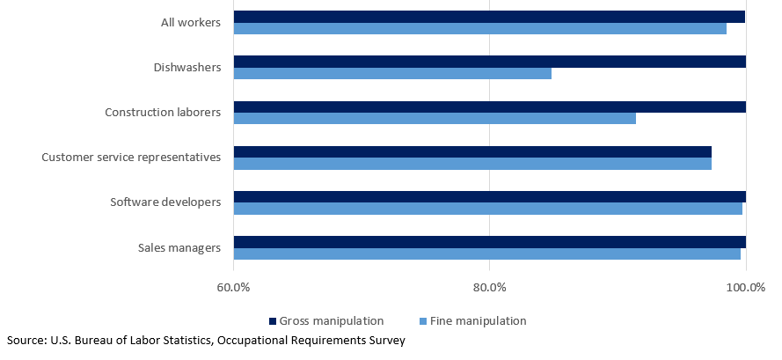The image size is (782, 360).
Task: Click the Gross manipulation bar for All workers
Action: pos(489,17)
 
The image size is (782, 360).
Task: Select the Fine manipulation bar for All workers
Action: pos(479,28)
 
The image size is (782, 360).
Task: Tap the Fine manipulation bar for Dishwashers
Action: pos(392,73)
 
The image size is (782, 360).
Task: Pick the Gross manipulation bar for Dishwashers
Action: pos(489,62)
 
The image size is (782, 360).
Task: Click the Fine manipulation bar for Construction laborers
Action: pos(435,118)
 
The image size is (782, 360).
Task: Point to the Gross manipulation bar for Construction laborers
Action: pos(489,107)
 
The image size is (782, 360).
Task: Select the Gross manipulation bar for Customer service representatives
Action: pos(472,151)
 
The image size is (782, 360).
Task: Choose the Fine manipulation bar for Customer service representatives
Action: pos(472,163)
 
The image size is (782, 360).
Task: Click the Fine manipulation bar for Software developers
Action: pos(487,209)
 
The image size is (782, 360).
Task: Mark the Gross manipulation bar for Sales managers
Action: pos(489,242)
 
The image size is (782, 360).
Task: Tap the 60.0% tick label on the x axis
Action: pos(233,288)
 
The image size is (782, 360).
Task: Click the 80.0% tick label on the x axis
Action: pos(489,288)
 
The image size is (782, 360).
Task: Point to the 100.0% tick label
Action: pos(745,288)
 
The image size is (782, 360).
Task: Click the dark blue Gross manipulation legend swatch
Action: pos(273,321)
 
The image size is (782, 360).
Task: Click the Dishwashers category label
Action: pos(187,67)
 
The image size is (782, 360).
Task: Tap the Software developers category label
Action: pos(165,202)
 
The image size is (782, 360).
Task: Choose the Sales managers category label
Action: pos(179,247)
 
